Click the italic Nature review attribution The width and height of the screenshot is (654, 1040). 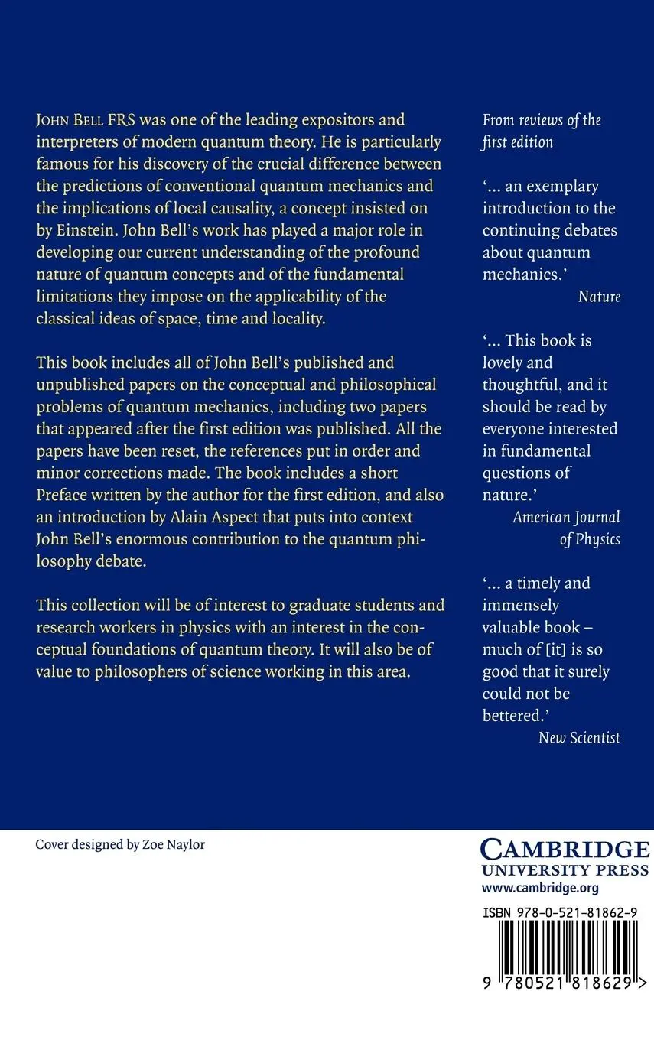(599, 297)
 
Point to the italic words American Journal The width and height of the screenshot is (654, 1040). (566, 517)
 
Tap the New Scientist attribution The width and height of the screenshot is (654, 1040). (579, 738)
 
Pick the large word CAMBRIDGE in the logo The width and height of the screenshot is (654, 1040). (565, 850)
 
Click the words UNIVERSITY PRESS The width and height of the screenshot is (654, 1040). (565, 870)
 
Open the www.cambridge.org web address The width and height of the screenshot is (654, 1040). (540, 888)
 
